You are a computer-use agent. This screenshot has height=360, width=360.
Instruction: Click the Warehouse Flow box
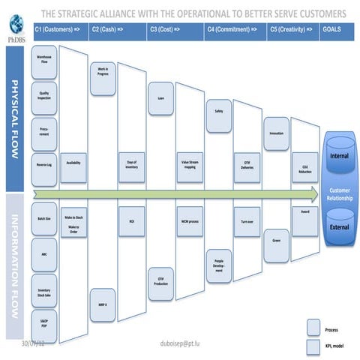point(44,59)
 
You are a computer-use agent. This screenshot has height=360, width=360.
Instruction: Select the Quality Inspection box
point(44,95)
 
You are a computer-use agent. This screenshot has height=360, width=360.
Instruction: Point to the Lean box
point(161,98)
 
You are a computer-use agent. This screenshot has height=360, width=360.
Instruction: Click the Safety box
point(217,112)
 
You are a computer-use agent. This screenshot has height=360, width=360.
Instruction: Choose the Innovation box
point(276,133)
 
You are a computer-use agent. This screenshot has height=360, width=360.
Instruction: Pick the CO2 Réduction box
point(305,169)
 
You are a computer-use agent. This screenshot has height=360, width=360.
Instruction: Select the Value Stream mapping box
point(190,163)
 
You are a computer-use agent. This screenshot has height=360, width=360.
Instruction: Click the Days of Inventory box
point(132,163)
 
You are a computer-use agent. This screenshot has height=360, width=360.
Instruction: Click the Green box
point(276,240)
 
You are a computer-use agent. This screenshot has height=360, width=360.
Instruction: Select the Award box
point(305,212)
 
